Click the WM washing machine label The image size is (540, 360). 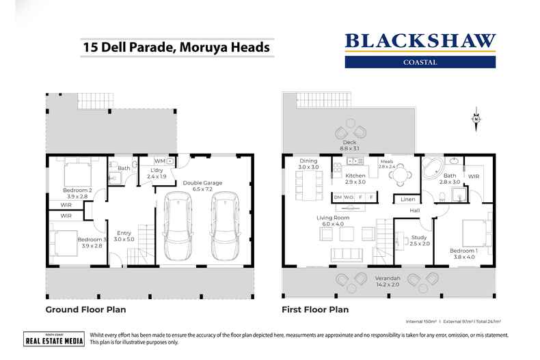click(x=158, y=161)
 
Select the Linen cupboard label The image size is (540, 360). click(x=408, y=199)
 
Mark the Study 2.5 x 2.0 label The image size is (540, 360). click(x=419, y=240)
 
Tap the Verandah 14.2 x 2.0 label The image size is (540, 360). click(x=387, y=282)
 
